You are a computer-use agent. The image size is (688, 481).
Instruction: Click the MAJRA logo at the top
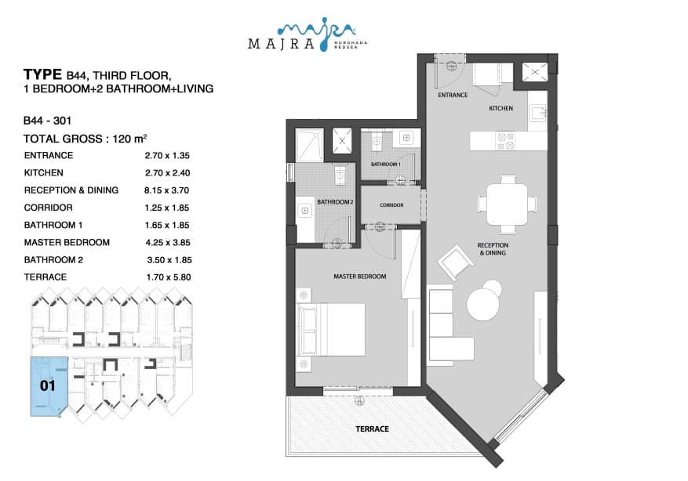[308, 35]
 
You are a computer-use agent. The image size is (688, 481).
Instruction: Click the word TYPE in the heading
[42, 74]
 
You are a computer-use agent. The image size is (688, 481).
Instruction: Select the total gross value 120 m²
[129, 139]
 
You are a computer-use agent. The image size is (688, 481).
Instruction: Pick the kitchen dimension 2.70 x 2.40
[168, 173]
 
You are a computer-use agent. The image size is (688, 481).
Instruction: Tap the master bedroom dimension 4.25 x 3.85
[168, 243]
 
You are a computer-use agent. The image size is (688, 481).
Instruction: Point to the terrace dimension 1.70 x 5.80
[169, 277]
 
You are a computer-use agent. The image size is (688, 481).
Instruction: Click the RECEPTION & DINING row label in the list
[71, 190]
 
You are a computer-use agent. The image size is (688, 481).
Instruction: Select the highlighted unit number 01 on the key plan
[47, 385]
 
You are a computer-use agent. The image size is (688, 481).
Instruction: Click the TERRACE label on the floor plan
[372, 429]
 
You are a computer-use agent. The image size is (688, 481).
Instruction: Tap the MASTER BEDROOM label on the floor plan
[360, 277]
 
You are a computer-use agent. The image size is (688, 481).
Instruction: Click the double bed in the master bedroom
[332, 330]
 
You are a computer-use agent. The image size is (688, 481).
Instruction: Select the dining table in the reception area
[508, 204]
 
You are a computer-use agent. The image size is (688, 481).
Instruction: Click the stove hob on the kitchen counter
[505, 141]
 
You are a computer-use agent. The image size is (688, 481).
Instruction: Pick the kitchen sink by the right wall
[538, 114]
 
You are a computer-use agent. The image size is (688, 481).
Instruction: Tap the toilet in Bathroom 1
[376, 141]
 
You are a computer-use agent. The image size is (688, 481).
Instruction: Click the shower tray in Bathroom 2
[309, 145]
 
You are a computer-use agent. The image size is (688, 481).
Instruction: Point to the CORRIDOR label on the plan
[391, 205]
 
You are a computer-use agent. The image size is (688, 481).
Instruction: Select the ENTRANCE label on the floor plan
[453, 95]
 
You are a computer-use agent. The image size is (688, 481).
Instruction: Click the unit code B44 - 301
[47, 121]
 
